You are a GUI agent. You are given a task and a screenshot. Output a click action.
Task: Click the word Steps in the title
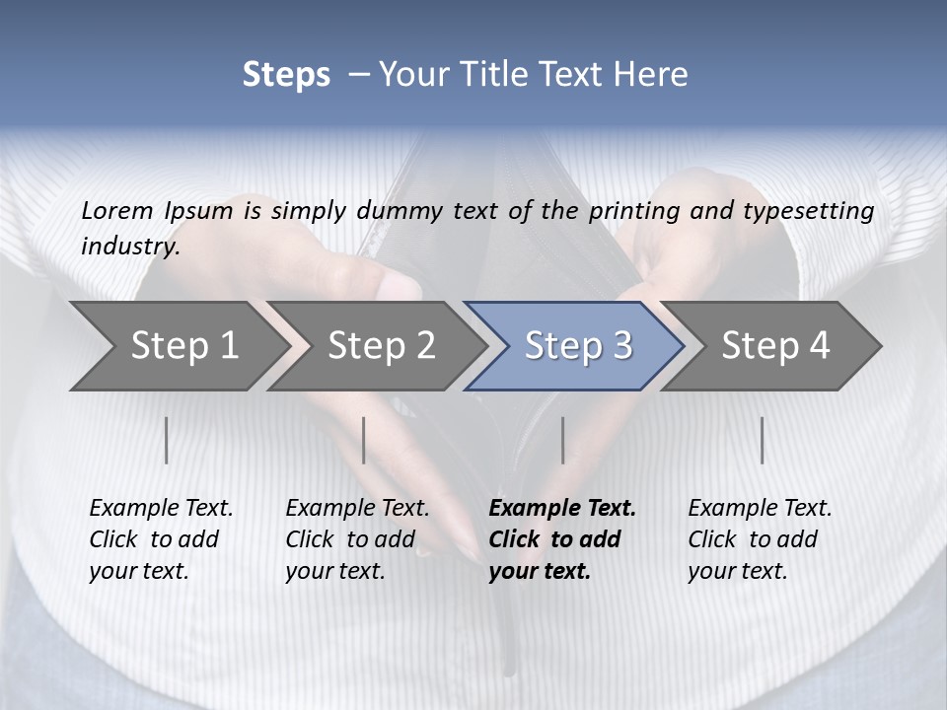286,75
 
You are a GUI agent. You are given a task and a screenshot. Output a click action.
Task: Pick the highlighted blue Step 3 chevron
578,345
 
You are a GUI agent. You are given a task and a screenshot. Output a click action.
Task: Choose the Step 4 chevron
775,345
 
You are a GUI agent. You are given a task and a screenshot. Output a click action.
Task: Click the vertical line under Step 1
167,440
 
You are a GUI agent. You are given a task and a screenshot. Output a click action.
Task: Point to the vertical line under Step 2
364,440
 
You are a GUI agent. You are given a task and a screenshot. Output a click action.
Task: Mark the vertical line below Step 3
562,440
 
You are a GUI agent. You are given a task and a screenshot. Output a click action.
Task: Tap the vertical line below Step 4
763,440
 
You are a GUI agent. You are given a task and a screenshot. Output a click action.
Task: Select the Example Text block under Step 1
161,538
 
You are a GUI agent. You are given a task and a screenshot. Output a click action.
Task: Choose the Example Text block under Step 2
357,538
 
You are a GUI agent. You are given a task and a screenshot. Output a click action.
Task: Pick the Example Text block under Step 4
760,538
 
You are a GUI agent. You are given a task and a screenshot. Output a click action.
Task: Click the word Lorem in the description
117,210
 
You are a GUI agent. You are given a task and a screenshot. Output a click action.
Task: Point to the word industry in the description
130,246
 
